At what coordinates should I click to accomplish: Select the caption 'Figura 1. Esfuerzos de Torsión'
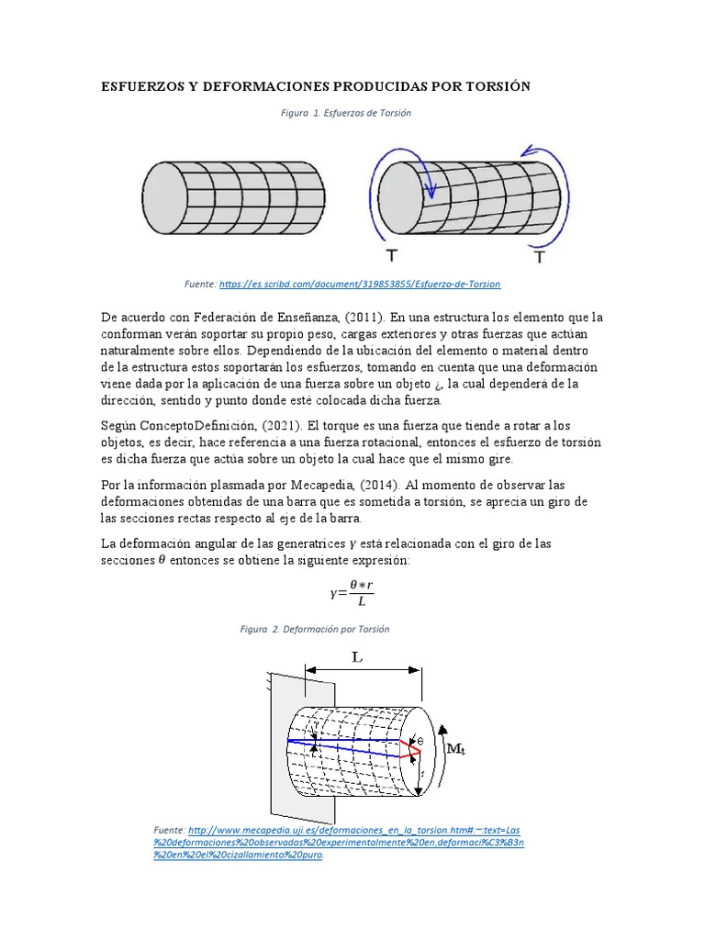[x=345, y=113]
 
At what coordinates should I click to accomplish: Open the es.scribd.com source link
[x=359, y=285]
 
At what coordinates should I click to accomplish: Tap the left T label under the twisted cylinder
[x=393, y=256]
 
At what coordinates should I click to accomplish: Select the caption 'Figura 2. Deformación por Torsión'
[x=315, y=630]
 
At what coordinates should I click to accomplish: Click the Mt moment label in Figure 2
[x=456, y=749]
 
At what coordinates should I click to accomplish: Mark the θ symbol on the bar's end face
[x=420, y=741]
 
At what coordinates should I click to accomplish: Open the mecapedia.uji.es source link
[x=340, y=841]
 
